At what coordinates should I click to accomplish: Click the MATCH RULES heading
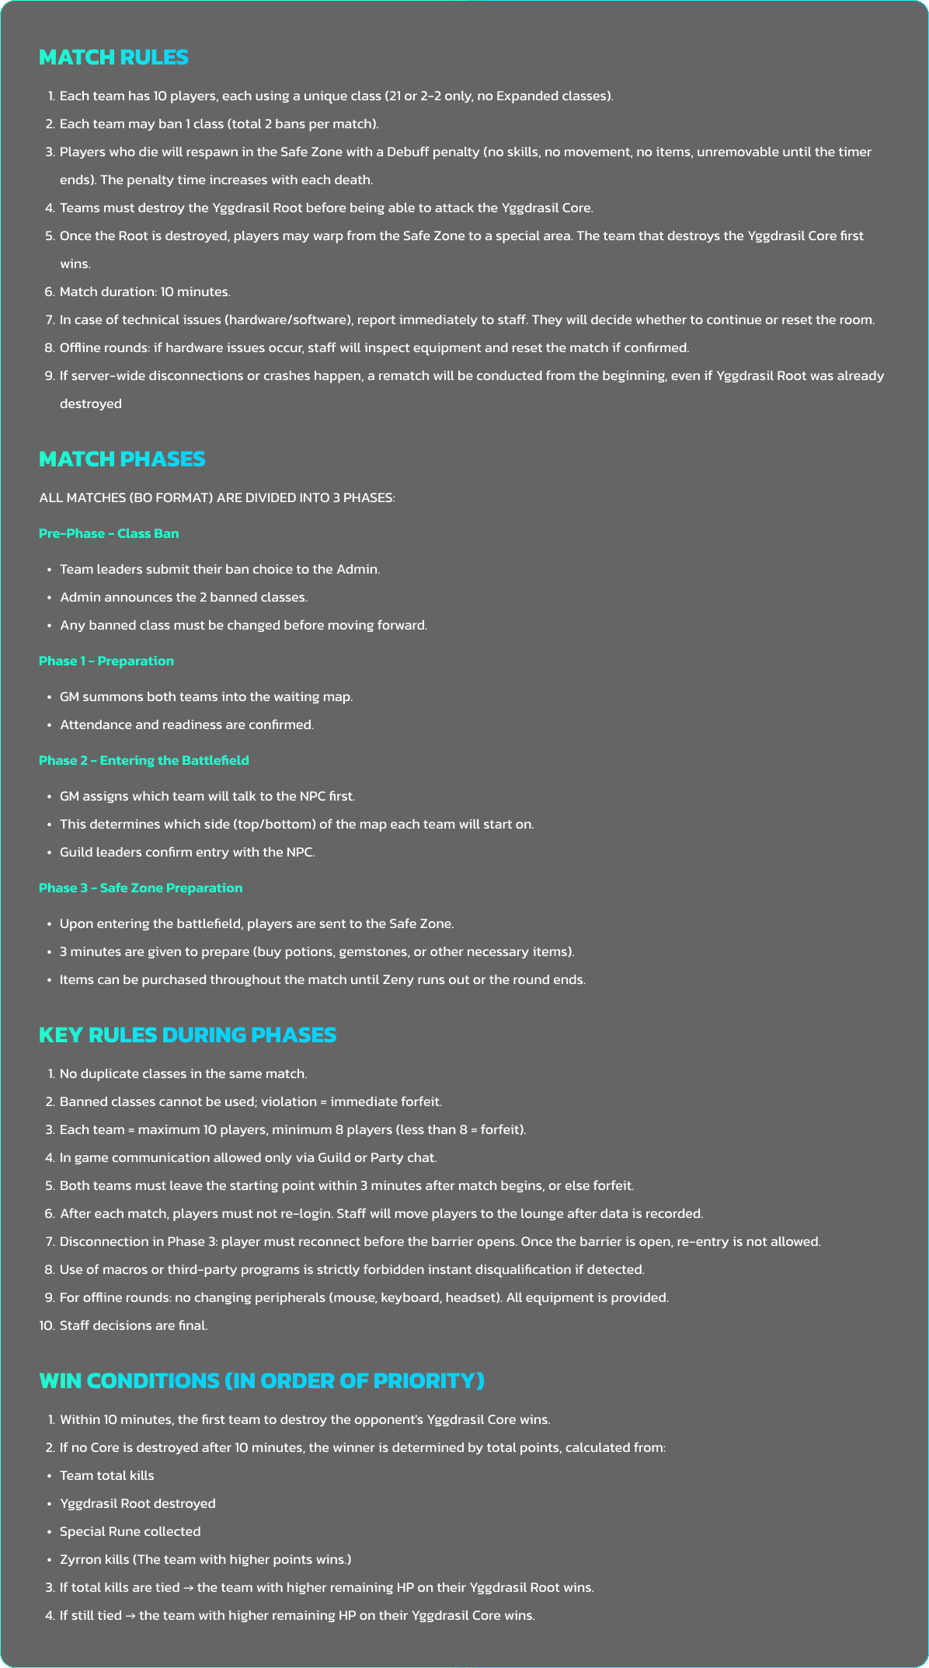[x=113, y=58]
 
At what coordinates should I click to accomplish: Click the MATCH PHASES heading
[x=122, y=459]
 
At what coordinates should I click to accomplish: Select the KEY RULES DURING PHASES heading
[x=187, y=1035]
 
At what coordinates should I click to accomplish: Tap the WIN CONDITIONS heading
[x=262, y=1381]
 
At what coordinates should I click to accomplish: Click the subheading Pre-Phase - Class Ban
[x=109, y=534]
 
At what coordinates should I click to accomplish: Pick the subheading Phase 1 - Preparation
[x=106, y=661]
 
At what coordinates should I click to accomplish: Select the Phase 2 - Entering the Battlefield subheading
[x=144, y=761]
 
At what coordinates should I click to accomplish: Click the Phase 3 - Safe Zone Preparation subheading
[x=141, y=888]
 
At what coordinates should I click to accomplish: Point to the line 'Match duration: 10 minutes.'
[x=145, y=292]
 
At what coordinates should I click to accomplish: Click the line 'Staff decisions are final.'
[x=134, y=1326]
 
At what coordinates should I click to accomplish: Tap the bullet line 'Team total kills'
[x=107, y=1476]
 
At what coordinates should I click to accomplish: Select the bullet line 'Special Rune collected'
[x=130, y=1532]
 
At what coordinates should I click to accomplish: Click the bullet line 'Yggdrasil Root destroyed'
[x=137, y=1504]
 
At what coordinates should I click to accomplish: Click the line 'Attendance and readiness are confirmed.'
[x=186, y=725]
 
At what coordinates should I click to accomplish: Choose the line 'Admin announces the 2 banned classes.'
[x=183, y=598]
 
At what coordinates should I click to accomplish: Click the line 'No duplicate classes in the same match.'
[x=183, y=1074]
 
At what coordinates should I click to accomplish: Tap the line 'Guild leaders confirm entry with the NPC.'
[x=187, y=853]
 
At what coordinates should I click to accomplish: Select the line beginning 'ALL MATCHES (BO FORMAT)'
[x=217, y=498]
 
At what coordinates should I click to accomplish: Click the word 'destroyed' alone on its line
[x=91, y=404]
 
